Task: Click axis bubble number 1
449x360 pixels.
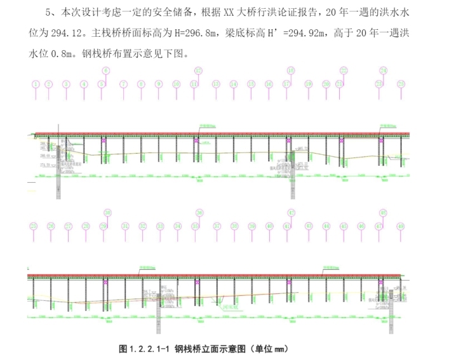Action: pyautogui.click(x=36, y=84)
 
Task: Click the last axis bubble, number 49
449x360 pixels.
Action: pyautogui.click(x=401, y=225)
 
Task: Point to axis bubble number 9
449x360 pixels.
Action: pyautogui.click(x=159, y=84)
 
